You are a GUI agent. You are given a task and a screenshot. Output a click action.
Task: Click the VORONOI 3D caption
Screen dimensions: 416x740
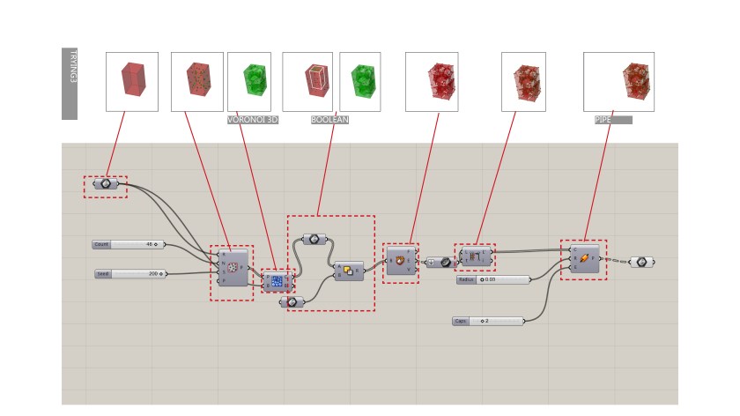pyautogui.click(x=253, y=120)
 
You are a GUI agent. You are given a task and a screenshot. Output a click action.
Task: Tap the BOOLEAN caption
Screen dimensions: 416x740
pyautogui.click(x=329, y=120)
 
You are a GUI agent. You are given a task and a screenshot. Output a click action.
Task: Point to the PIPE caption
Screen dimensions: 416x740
pyautogui.click(x=612, y=120)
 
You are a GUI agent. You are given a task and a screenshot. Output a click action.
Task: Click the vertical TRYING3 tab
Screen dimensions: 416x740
pyautogui.click(x=70, y=83)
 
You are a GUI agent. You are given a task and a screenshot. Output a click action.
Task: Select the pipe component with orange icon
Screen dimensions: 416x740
pyautogui.click(x=584, y=258)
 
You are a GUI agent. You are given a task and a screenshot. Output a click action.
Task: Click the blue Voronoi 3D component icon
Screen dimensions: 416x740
pyautogui.click(x=277, y=281)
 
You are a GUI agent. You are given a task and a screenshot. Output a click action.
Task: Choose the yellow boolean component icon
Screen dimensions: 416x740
pyautogui.click(x=349, y=271)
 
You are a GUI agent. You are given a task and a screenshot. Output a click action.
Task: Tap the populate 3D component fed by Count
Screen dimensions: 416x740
pyautogui.click(x=233, y=268)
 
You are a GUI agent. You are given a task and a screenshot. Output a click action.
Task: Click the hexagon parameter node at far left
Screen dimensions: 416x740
pyautogui.click(x=106, y=184)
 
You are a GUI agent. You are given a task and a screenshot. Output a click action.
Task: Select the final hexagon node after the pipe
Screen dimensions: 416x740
pyautogui.click(x=641, y=262)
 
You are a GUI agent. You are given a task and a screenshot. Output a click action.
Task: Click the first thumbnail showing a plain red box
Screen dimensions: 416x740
pyautogui.click(x=132, y=81)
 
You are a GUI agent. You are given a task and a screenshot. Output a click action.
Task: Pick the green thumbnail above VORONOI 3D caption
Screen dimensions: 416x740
pyautogui.click(x=249, y=81)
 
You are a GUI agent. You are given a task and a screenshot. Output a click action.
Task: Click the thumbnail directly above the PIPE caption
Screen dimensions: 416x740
pyautogui.click(x=618, y=81)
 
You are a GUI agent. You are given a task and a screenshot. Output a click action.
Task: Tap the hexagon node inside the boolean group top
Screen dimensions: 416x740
pyautogui.click(x=314, y=239)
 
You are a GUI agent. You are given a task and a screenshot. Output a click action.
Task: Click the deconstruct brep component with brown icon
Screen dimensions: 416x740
pyautogui.click(x=401, y=261)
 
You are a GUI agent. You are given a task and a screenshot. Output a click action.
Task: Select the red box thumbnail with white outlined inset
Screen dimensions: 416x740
pyautogui.click(x=307, y=81)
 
